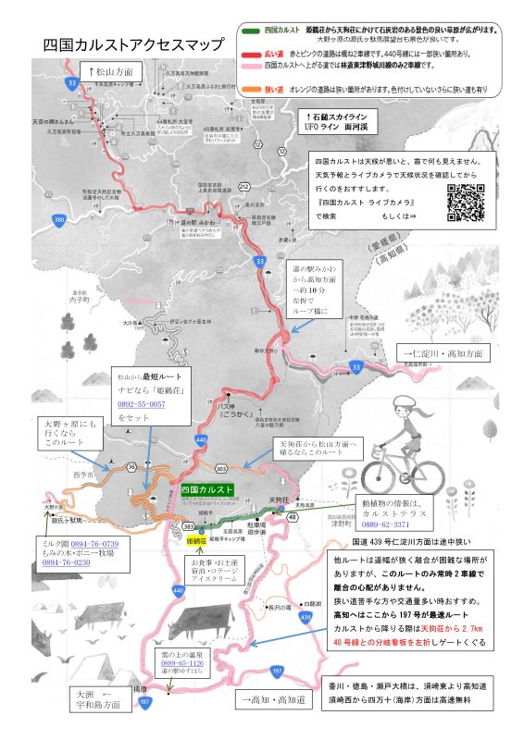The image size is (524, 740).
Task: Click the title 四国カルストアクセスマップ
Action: (x=134, y=45)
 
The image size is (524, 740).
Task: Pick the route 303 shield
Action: (x=221, y=469)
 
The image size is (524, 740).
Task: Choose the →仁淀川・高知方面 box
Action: (x=444, y=353)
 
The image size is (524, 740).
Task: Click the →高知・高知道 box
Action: (x=279, y=700)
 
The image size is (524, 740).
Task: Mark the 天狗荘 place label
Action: (x=279, y=500)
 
